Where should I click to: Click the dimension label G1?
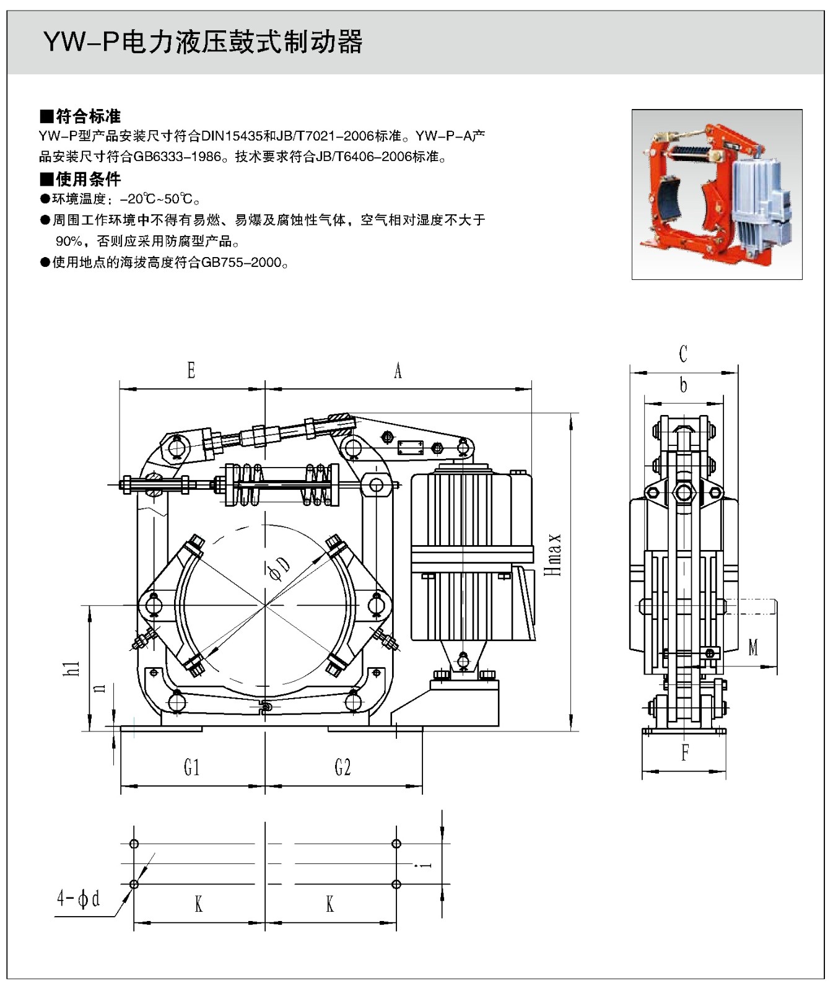pyautogui.click(x=192, y=768)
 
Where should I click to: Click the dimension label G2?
pyautogui.click(x=342, y=768)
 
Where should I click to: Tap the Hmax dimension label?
pyautogui.click(x=553, y=555)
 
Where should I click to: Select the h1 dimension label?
pyautogui.click(x=73, y=668)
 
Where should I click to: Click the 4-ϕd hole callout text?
pyautogui.click(x=79, y=898)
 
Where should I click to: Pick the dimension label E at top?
pyautogui.click(x=191, y=371)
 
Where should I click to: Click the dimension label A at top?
pyautogui.click(x=398, y=371)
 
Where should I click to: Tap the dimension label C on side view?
pyautogui.click(x=683, y=354)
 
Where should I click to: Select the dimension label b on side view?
pyautogui.click(x=683, y=385)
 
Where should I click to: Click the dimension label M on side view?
pyautogui.click(x=753, y=648)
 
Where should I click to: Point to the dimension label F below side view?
pyautogui.click(x=685, y=753)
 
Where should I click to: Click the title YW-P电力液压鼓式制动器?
pyautogui.click(x=203, y=42)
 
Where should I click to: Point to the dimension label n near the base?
pyautogui.click(x=99, y=688)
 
